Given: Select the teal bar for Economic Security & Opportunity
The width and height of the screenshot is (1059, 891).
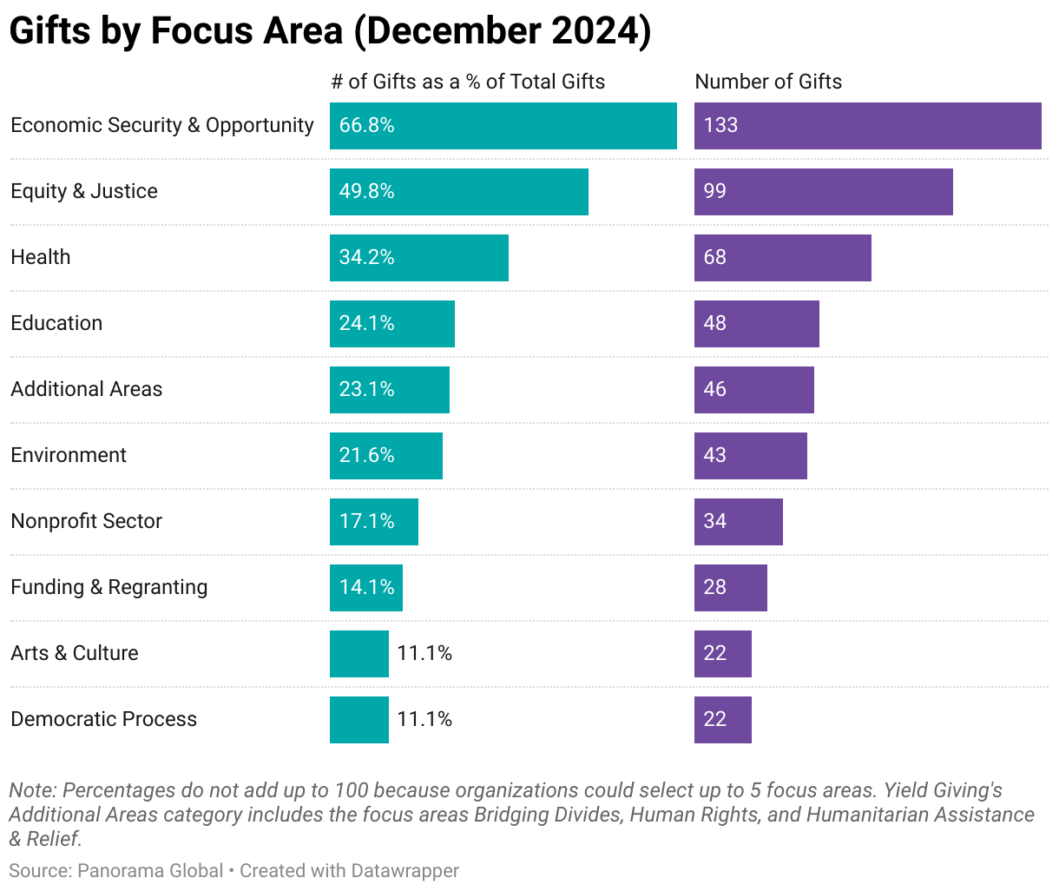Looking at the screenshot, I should (x=503, y=126).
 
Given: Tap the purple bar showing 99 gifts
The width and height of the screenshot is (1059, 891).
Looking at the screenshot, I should (x=823, y=192).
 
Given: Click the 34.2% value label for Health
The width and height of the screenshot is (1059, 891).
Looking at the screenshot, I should (x=366, y=258).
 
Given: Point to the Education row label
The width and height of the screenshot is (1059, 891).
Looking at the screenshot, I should (x=56, y=323).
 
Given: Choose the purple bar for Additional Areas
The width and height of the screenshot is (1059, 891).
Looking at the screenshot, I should (x=753, y=390).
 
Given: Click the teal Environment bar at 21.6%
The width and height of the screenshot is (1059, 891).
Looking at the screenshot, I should (x=385, y=456).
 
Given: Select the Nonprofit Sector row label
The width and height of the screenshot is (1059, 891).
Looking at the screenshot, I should (x=86, y=521).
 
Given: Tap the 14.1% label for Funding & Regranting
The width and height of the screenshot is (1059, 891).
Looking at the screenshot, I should (x=366, y=588).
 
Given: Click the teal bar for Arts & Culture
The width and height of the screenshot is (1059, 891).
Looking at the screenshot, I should (x=358, y=654).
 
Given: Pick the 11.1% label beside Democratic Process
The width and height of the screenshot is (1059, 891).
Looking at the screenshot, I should (x=424, y=720).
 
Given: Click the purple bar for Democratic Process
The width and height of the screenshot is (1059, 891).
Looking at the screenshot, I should (x=722, y=720).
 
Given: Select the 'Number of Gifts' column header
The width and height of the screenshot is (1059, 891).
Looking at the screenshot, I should (x=768, y=82).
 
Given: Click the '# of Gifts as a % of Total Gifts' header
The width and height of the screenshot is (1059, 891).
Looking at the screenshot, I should (x=468, y=82).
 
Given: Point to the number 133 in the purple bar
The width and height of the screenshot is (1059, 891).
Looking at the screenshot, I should (x=720, y=126).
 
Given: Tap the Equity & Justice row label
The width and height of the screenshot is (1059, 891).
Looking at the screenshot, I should (x=84, y=192).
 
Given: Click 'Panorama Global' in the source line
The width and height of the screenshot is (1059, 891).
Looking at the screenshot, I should (x=150, y=870).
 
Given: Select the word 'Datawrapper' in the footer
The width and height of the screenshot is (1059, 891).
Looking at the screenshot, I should (x=405, y=870).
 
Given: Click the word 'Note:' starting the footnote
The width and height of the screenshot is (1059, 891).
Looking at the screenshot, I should (x=32, y=791).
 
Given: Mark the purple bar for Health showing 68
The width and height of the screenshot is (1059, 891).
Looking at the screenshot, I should (x=782, y=258).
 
